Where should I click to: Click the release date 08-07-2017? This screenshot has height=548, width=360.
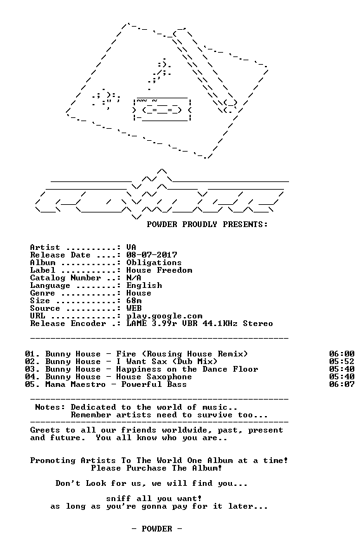tap(151, 255)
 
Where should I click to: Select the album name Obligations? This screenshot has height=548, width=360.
tap(154, 263)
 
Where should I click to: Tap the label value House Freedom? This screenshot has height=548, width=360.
tap(159, 270)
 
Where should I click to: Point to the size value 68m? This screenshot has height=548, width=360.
tap(134, 301)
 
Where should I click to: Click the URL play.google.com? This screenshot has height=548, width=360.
tap(164, 316)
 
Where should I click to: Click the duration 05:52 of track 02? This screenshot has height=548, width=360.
tap(342, 362)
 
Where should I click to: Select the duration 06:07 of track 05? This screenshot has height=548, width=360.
tap(342, 384)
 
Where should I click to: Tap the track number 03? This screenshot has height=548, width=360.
tap(30, 369)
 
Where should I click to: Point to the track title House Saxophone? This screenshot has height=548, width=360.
tap(154, 377)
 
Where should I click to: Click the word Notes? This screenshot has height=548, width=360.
tap(50, 407)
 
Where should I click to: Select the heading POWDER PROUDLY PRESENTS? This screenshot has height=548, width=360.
tap(207, 225)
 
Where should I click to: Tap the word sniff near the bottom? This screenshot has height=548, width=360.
tap(119, 499)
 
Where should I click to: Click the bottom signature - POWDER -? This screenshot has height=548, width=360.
tap(157, 529)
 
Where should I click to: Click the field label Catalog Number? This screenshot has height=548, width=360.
tap(65, 278)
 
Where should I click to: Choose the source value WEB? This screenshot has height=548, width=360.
tap(134, 308)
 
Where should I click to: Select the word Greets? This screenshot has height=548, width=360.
tap(45, 430)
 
